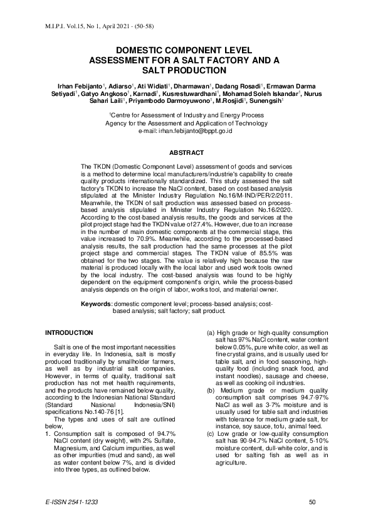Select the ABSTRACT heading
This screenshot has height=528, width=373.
[186, 153]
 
